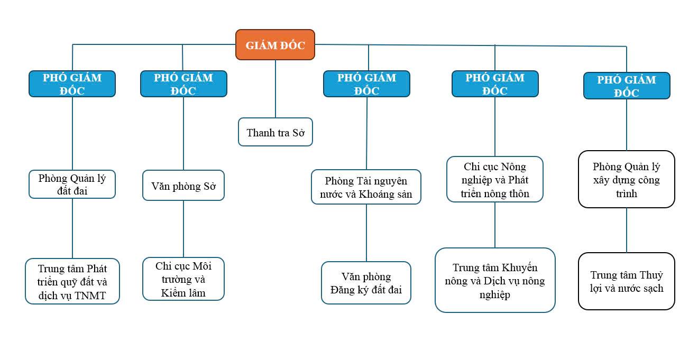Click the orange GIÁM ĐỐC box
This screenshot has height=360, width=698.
(x=275, y=45)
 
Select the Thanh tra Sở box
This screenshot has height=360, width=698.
(x=275, y=132)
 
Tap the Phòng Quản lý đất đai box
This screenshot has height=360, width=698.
(x=72, y=184)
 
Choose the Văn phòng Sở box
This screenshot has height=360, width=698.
(x=183, y=186)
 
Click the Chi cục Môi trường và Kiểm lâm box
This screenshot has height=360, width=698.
(x=183, y=279)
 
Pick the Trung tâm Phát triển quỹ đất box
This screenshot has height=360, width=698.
(x=72, y=281)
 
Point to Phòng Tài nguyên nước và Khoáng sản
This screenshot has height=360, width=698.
(x=366, y=187)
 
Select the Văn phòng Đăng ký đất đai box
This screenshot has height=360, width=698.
(x=366, y=283)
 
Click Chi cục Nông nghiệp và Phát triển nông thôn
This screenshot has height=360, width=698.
(x=495, y=180)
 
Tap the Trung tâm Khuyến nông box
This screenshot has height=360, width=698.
(x=495, y=280)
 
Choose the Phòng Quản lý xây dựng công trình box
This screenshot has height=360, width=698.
(x=627, y=180)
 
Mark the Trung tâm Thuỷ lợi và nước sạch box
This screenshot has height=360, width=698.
(x=627, y=281)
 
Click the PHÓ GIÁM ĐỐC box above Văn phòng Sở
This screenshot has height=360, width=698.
(x=183, y=84)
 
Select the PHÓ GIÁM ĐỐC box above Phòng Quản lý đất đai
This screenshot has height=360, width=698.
(x=72, y=84)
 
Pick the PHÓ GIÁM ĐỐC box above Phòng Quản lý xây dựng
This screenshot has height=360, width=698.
(x=627, y=86)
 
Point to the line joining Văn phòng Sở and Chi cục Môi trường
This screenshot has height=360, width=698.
(x=183, y=228)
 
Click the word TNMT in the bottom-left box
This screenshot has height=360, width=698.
(x=90, y=296)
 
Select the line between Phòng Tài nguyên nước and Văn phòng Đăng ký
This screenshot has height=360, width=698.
(x=366, y=233)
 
